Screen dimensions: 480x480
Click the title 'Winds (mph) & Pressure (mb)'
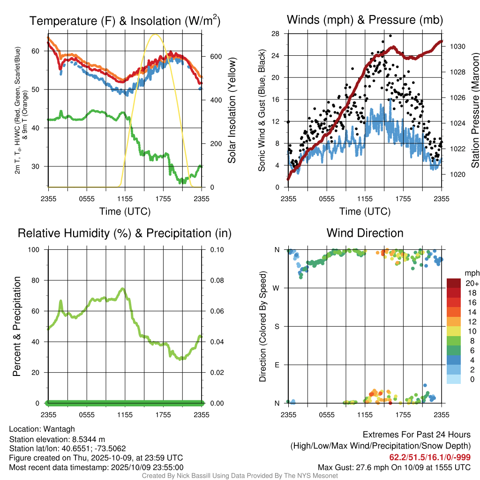point(365,20)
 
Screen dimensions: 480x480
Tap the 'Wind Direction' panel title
point(365,233)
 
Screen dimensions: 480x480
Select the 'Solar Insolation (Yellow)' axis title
point(232,111)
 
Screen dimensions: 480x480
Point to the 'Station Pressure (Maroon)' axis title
point(474,111)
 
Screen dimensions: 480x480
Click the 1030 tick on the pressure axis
point(457,47)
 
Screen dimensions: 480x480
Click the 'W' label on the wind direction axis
point(277,288)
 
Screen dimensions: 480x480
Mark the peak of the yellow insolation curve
point(156,34)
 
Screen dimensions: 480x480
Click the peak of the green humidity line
point(122,289)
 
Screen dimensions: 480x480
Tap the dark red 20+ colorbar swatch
point(453,284)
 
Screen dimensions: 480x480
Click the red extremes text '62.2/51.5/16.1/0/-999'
point(430,457)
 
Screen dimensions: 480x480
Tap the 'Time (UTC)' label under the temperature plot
point(125,211)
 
